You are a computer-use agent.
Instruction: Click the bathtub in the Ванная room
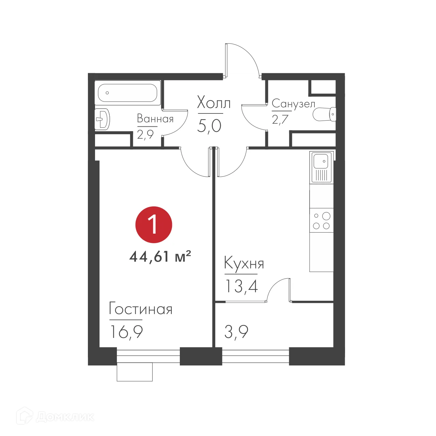click(x=128, y=92)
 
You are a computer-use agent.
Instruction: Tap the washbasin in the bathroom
click(x=102, y=119)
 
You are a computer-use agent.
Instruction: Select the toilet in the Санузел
click(x=325, y=114)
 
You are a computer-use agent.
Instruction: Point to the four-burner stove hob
click(x=322, y=220)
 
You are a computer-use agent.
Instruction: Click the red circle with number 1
click(x=154, y=225)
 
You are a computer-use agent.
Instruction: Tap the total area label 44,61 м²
click(x=160, y=256)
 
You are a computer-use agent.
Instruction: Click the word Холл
click(x=214, y=103)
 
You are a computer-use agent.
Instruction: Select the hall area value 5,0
click(x=209, y=126)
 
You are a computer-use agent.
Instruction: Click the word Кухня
click(x=244, y=264)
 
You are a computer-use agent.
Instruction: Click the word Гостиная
click(x=141, y=309)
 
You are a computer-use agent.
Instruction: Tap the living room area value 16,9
click(x=126, y=331)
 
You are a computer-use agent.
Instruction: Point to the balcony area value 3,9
click(x=236, y=331)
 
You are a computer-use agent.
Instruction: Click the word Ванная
click(x=155, y=119)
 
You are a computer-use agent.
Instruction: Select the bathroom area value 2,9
click(x=145, y=134)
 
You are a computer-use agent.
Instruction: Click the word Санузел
click(x=293, y=104)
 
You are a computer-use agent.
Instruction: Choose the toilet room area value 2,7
click(x=280, y=119)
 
